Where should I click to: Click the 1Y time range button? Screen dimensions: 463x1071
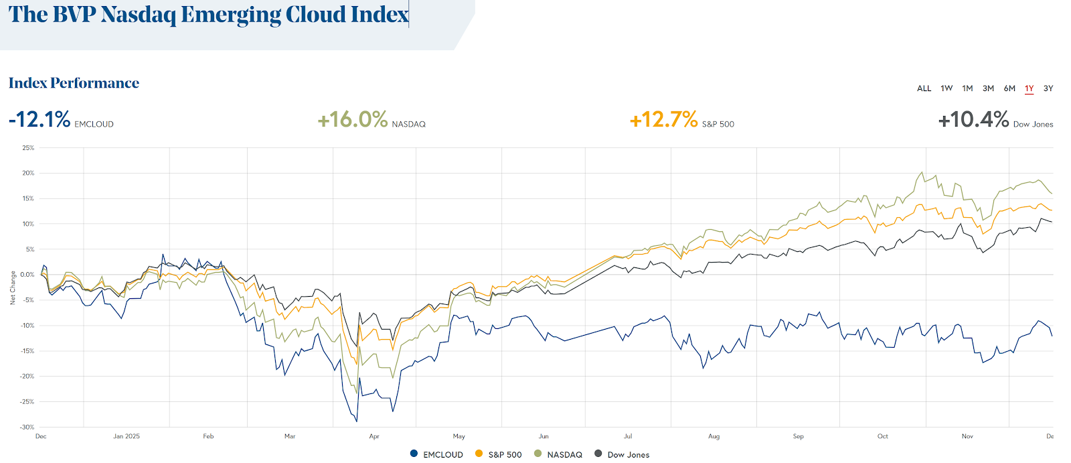(x=1029, y=88)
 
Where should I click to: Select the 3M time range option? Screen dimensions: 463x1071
(x=988, y=88)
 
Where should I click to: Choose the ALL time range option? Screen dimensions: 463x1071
(x=924, y=88)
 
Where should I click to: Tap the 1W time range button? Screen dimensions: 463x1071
(x=946, y=88)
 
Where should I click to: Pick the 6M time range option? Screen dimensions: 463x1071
(x=1009, y=88)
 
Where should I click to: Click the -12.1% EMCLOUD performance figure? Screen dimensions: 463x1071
(x=39, y=120)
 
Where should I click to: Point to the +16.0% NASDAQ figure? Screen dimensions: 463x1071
(x=353, y=120)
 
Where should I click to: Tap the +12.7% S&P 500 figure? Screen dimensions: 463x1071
(x=663, y=120)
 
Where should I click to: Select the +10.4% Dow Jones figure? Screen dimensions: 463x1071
(x=973, y=120)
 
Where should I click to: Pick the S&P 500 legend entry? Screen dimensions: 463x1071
(x=499, y=454)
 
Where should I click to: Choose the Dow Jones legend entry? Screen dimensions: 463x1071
(x=622, y=454)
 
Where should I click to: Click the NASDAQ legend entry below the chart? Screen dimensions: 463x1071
(x=558, y=454)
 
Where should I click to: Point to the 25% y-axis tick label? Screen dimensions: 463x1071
(x=28, y=148)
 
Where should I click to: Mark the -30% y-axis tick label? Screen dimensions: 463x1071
(x=27, y=427)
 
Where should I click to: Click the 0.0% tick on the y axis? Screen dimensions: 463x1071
(x=27, y=275)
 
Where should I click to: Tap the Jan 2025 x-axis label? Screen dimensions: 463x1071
(x=127, y=436)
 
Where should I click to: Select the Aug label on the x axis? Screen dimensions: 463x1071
(x=714, y=436)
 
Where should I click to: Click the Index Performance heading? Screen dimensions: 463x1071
(x=74, y=83)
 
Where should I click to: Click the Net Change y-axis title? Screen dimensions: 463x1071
(x=13, y=287)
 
